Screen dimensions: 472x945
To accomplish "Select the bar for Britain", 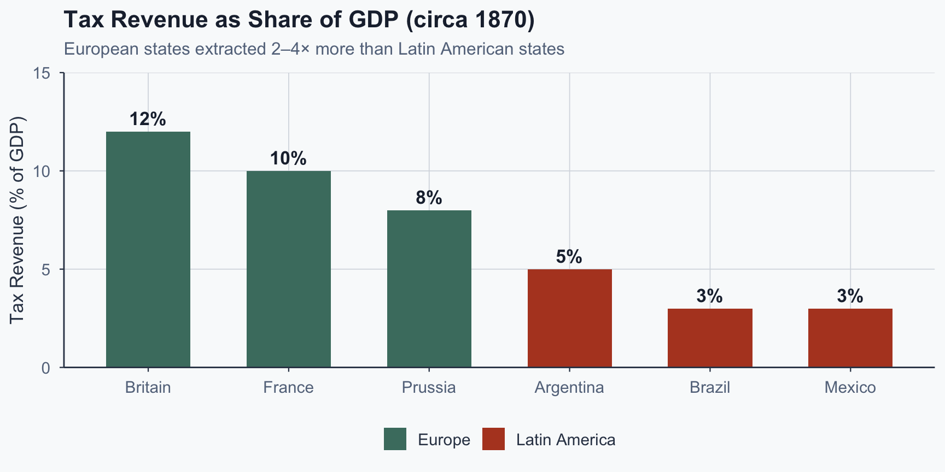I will pyautogui.click(x=148, y=249).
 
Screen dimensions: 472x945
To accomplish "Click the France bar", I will pyautogui.click(x=289, y=269).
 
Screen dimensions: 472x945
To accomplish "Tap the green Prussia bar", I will pyautogui.click(x=429, y=288).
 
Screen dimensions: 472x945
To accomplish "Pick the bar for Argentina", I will pyautogui.click(x=569, y=318).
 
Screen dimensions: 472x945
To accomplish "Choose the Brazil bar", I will pyautogui.click(x=710, y=338).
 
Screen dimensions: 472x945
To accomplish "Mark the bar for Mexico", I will pyautogui.click(x=850, y=338).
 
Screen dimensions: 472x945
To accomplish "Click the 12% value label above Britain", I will pyautogui.click(x=148, y=119).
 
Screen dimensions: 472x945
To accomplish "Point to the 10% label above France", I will pyautogui.click(x=288, y=158).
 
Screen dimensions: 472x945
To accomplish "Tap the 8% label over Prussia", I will pyautogui.click(x=429, y=198).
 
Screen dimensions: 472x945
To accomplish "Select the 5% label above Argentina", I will pyautogui.click(x=569, y=257).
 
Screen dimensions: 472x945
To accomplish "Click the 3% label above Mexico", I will pyautogui.click(x=850, y=296).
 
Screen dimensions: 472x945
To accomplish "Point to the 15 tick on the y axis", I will pyautogui.click(x=42, y=73).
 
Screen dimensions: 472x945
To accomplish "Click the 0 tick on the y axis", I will pyautogui.click(x=45, y=368).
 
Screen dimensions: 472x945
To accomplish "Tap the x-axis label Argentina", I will pyautogui.click(x=569, y=387).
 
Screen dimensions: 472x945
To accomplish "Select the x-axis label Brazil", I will pyautogui.click(x=710, y=387).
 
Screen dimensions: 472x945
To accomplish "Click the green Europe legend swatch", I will pyautogui.click(x=395, y=439).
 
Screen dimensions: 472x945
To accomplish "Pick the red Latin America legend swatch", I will pyautogui.click(x=493, y=439).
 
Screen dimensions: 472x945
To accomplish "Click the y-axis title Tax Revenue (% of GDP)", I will pyautogui.click(x=17, y=220).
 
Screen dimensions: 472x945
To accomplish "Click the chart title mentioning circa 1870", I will pyautogui.click(x=299, y=20).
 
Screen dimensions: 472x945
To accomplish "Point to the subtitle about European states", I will pyautogui.click(x=314, y=49).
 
